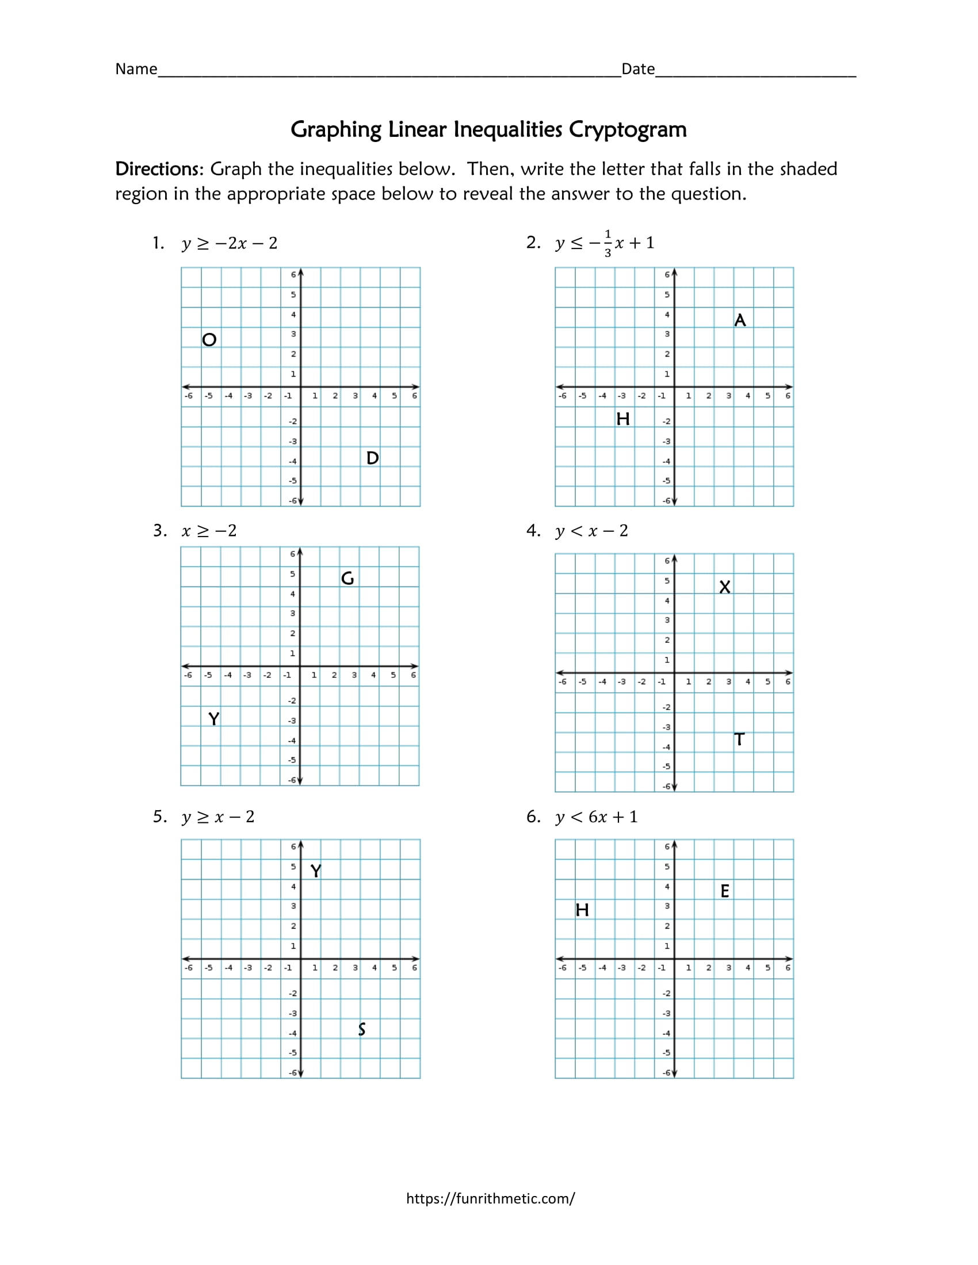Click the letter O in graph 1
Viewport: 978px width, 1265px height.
(x=209, y=339)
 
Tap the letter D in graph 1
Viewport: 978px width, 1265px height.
(x=373, y=458)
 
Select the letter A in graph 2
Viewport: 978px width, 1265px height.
(x=740, y=320)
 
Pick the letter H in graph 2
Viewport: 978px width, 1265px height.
(x=623, y=419)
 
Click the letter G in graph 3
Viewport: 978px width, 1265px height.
(x=347, y=578)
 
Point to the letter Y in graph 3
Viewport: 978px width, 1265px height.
(x=214, y=719)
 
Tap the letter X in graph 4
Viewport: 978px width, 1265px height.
(x=724, y=587)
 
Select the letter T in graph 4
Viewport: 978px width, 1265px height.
(x=739, y=739)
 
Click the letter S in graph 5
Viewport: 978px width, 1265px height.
(x=361, y=1029)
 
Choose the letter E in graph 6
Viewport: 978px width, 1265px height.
(x=725, y=891)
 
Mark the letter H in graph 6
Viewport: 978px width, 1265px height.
(x=582, y=910)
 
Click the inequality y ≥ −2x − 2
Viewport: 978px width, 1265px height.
(x=230, y=243)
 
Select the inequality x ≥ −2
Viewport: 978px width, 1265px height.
(x=209, y=531)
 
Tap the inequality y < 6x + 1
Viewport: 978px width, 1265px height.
(x=596, y=816)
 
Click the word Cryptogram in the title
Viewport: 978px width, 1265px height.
(x=628, y=130)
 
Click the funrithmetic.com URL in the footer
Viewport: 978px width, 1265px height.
(x=490, y=1198)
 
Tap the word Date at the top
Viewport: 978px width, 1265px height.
(x=638, y=70)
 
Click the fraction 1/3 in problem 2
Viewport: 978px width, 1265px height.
(x=607, y=243)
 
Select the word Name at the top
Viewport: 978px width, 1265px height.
(x=136, y=70)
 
